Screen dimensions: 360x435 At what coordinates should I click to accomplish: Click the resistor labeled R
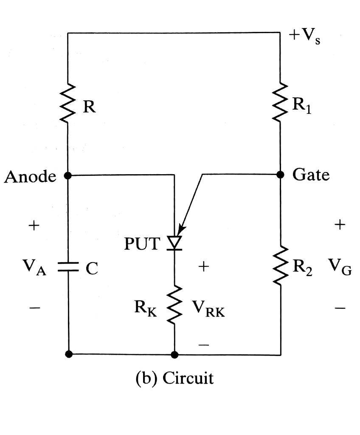click(67, 103)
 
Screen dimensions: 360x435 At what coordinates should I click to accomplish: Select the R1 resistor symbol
click(280, 102)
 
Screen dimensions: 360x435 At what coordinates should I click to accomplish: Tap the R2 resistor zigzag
click(280, 265)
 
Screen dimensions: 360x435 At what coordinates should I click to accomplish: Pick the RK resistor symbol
click(174, 305)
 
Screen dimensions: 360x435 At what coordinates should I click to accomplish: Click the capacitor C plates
click(68, 267)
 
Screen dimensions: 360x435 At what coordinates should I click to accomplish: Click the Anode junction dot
click(67, 175)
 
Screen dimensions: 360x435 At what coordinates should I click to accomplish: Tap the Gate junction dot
click(280, 175)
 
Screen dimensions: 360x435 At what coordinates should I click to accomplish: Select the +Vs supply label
click(304, 37)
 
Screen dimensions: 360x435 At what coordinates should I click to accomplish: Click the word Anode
click(30, 176)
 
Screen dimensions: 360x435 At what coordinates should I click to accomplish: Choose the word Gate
click(311, 175)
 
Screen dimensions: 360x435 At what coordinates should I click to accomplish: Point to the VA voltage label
click(34, 267)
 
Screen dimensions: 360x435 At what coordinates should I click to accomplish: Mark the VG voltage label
click(340, 267)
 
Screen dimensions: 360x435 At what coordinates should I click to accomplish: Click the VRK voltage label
click(208, 309)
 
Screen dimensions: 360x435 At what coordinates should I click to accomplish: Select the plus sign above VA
click(34, 225)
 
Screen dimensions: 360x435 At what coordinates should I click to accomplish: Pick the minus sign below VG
click(340, 308)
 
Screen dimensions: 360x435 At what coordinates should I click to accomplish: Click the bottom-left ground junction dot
click(68, 354)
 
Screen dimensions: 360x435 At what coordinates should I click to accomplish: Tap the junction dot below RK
click(174, 355)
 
